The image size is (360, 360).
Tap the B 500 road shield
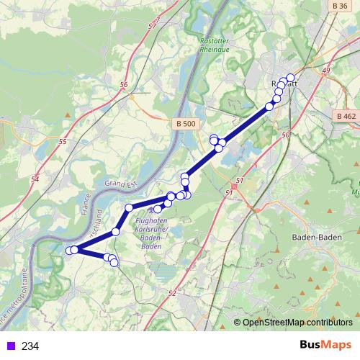coord(186,124)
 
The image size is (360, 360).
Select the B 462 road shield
coord(346,116)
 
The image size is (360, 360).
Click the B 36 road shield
coord(341,5)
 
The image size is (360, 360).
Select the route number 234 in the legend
coord(30,346)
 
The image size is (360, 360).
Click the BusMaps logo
coord(326,345)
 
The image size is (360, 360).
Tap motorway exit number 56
coord(124,85)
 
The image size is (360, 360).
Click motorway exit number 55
coord(62,142)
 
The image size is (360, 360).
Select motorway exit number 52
coord(171,293)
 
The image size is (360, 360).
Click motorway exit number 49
coord(326,70)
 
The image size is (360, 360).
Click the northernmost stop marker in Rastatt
coord(290,78)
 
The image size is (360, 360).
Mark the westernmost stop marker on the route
coord(70,251)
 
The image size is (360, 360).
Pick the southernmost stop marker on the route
coord(114,263)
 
